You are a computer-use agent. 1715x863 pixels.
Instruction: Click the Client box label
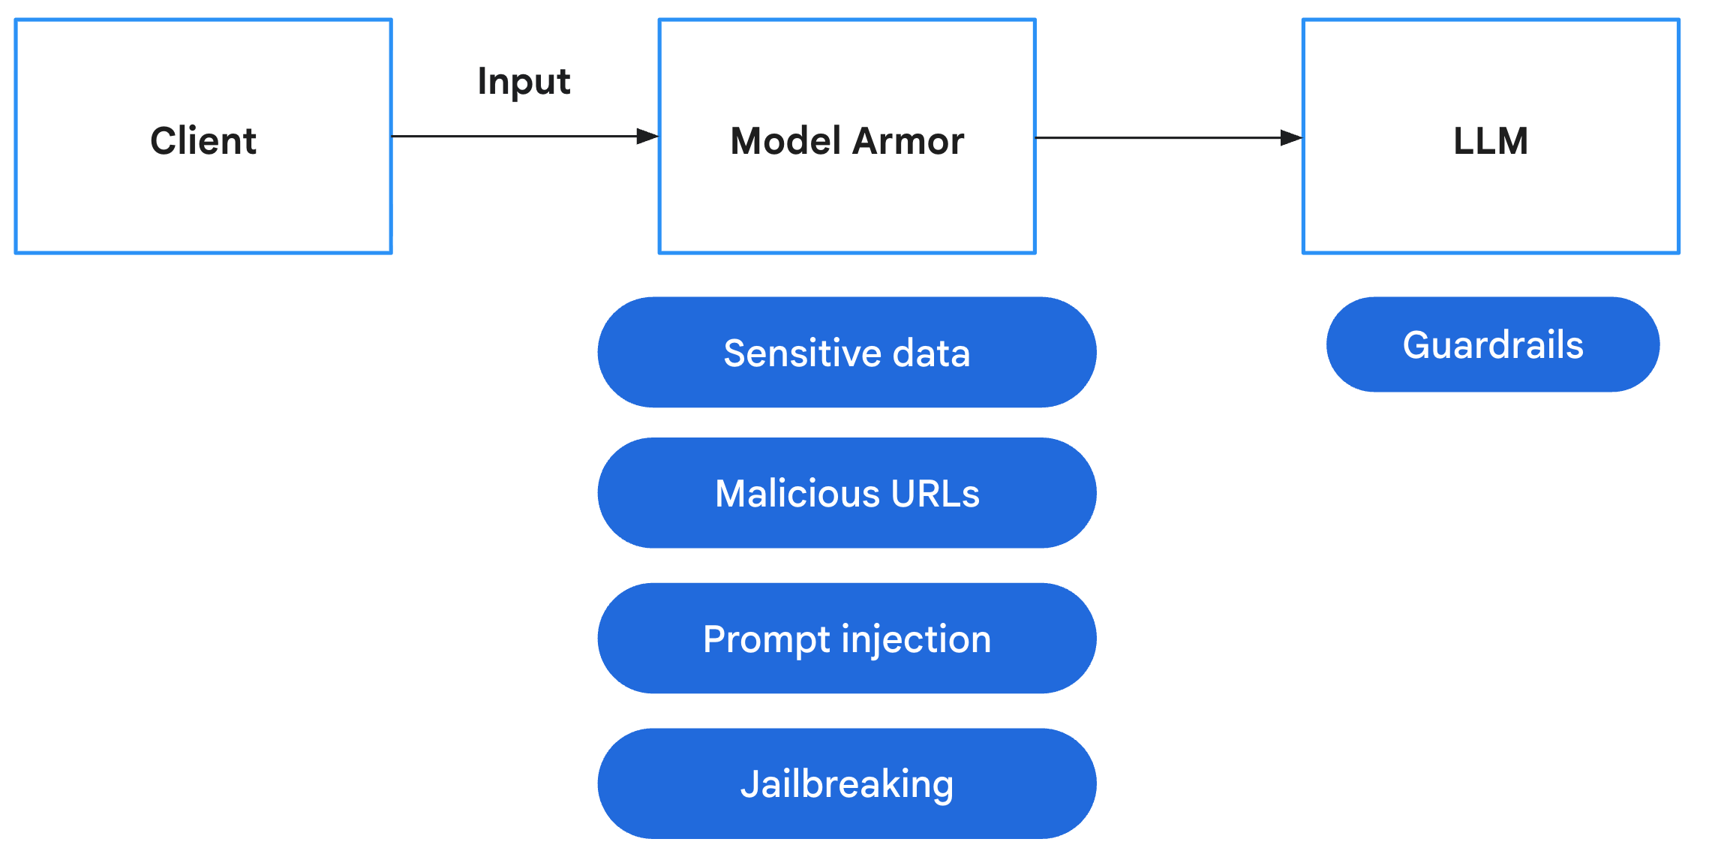pyautogui.click(x=203, y=141)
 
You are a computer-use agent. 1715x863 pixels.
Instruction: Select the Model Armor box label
pyautogui.click(x=847, y=141)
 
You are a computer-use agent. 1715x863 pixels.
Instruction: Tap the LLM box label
pyautogui.click(x=1491, y=141)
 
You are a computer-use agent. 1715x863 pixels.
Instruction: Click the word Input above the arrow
pyautogui.click(x=524, y=81)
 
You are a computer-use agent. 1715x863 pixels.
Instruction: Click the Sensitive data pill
pyautogui.click(x=847, y=353)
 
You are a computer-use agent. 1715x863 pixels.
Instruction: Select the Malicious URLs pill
pyautogui.click(x=847, y=494)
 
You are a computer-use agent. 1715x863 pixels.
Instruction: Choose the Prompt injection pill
pyautogui.click(x=847, y=639)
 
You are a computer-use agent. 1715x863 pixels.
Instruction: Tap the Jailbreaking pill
pyautogui.click(x=847, y=784)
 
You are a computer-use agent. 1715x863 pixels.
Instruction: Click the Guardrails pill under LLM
pyautogui.click(x=1493, y=345)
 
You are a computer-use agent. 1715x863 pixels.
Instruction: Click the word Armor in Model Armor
pyautogui.click(x=909, y=141)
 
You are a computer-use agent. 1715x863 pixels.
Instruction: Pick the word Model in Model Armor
pyautogui.click(x=785, y=141)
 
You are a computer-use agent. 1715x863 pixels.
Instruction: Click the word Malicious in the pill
pyautogui.click(x=797, y=494)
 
